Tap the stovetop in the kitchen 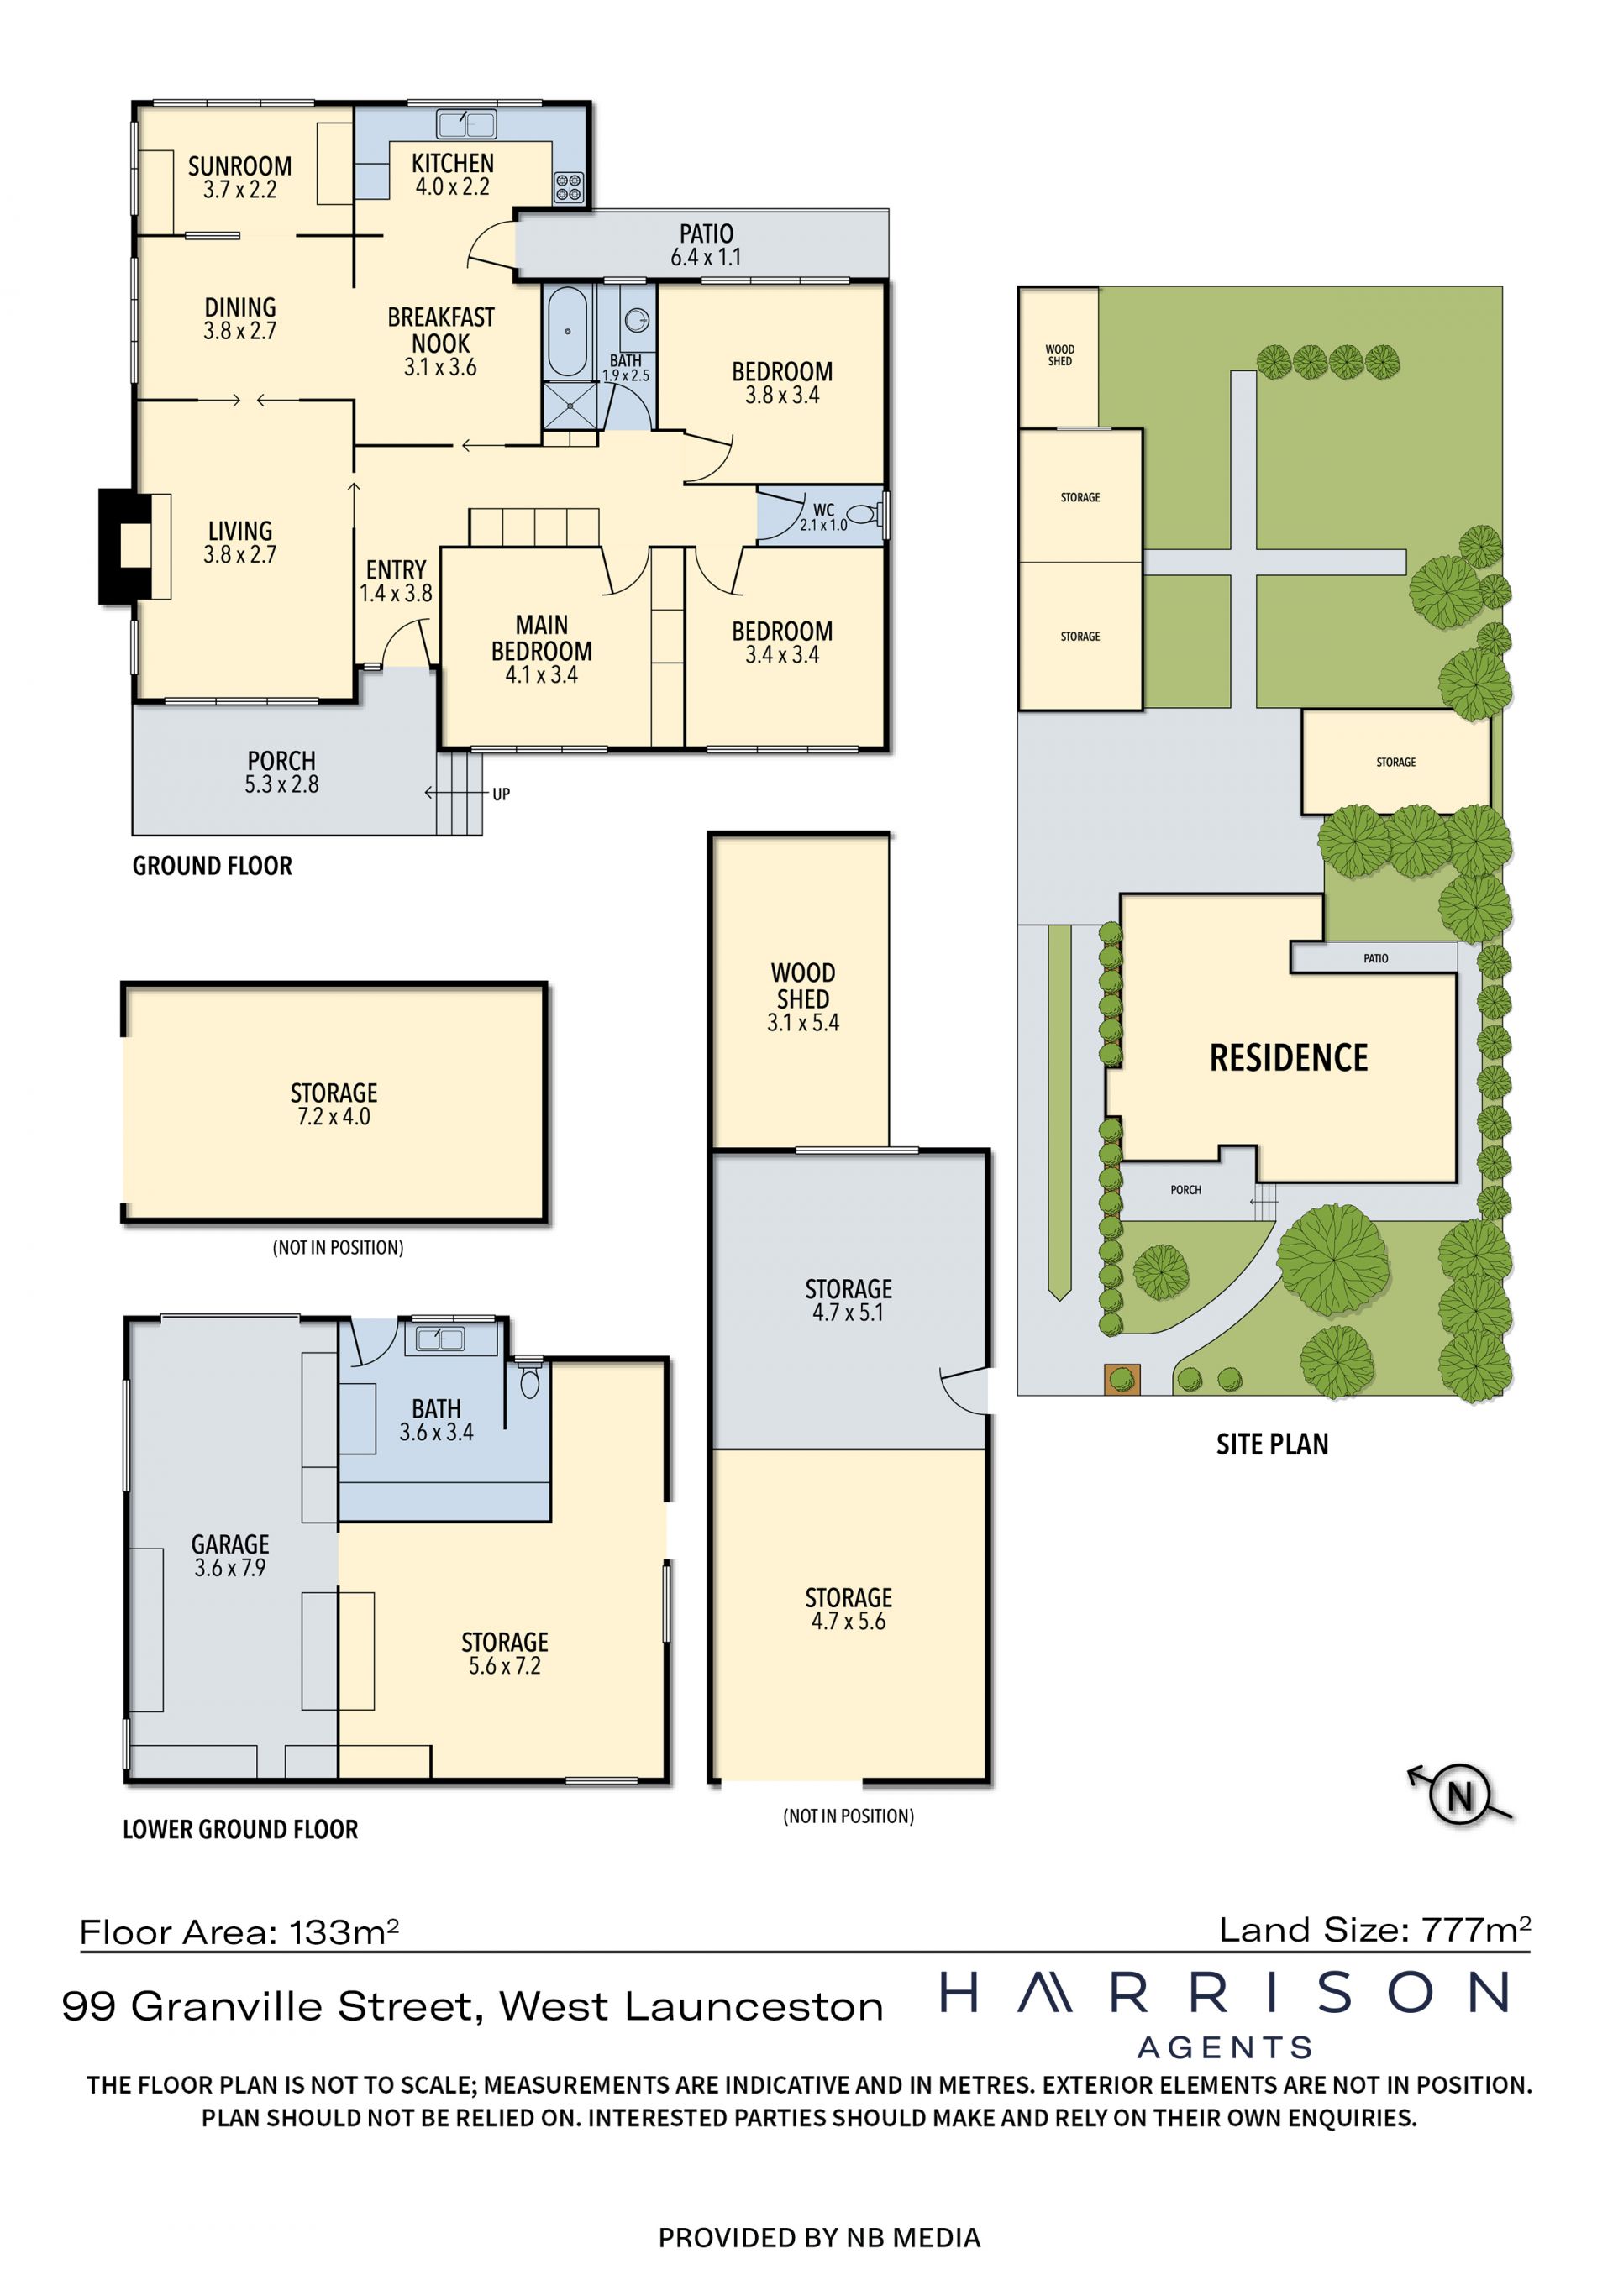tap(568, 186)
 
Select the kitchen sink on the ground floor tap(467, 124)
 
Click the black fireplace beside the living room tap(124, 546)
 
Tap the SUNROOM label tap(240, 165)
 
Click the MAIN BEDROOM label tap(541, 637)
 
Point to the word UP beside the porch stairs tap(501, 794)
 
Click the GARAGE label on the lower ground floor tap(230, 1544)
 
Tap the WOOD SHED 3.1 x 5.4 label tap(802, 997)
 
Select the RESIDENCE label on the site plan tap(1288, 1057)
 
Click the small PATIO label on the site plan tap(1375, 958)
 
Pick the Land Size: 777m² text tap(1374, 1930)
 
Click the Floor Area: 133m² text tap(239, 1931)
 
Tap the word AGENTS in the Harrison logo tap(1225, 2047)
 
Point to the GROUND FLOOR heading tap(213, 866)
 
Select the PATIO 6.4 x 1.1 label tap(707, 245)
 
